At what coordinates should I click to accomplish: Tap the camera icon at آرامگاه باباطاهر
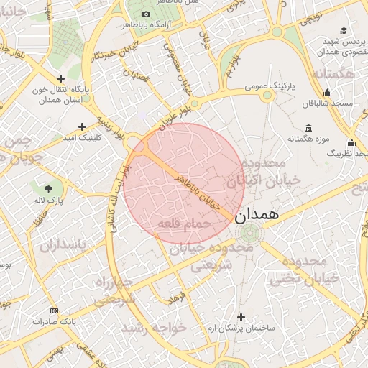pos(147,14)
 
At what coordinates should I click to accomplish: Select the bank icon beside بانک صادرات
pos(54,310)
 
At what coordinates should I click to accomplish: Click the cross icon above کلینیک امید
pos(82,126)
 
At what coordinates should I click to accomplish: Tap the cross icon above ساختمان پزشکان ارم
pos(241,317)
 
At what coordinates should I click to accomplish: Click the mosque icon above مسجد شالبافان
pos(328,92)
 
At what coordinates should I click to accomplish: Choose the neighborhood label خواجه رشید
pos(154,328)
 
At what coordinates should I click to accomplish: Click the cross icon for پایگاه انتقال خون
pos(60,78)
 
